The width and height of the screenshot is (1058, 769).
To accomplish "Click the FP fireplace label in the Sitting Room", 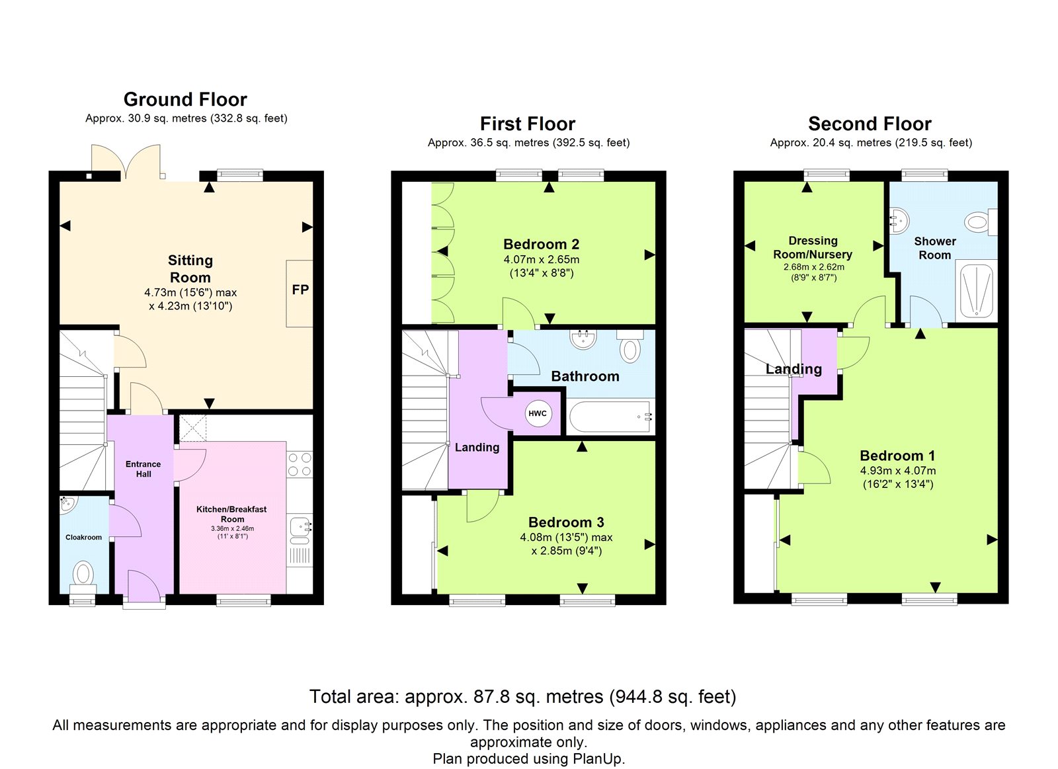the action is point(300,290).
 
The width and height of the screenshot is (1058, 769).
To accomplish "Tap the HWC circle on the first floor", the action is point(538,413).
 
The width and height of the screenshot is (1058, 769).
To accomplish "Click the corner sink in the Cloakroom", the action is point(67,505).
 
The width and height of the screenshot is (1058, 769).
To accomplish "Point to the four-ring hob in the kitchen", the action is point(300,464).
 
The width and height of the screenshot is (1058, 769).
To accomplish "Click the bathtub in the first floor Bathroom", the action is point(610,417).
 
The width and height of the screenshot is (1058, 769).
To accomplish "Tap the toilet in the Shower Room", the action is point(981,222).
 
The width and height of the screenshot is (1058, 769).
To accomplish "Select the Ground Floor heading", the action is point(186,100).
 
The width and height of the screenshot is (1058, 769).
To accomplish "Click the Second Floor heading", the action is point(870,124).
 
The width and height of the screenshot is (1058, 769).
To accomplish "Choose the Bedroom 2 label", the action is point(542,244).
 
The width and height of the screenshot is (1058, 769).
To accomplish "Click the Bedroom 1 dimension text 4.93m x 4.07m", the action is point(898,471).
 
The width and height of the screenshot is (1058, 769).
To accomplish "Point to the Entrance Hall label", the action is point(143,469).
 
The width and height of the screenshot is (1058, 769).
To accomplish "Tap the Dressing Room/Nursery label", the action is point(813,247).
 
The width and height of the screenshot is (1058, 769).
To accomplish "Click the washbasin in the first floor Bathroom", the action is point(584,339).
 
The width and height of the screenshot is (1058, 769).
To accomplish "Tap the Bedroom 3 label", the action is point(566,522).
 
